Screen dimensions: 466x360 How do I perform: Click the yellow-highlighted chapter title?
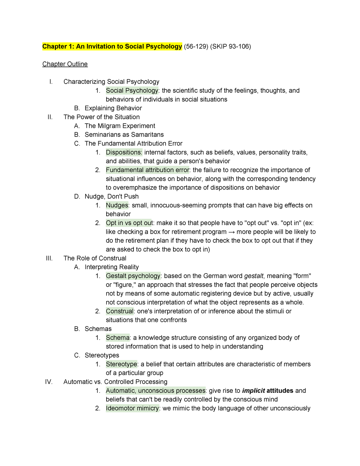point(112,47)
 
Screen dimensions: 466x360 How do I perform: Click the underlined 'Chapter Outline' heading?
point(65,64)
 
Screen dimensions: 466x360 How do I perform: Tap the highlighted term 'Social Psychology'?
point(132,91)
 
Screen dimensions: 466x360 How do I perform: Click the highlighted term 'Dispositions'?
point(123,152)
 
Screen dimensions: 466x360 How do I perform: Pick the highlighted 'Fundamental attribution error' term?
point(147,170)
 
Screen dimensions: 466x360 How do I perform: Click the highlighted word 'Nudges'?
point(117,206)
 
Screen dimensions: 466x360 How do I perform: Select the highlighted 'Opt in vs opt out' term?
point(129,223)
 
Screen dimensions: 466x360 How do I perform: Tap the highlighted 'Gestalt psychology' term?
point(133,276)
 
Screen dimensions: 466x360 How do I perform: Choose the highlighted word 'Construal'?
point(119,311)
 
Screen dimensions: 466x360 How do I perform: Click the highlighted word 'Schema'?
point(118,338)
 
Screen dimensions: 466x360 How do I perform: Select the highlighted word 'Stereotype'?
point(121,364)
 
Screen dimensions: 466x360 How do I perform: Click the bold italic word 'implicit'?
point(253,391)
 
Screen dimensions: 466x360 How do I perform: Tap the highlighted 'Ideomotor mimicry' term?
point(132,408)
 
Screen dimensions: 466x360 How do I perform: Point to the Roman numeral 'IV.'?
point(49,382)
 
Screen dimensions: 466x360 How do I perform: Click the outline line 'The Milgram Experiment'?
point(120,126)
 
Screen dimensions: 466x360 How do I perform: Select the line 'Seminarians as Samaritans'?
point(124,135)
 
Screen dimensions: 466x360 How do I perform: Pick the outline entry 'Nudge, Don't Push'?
point(112,197)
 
